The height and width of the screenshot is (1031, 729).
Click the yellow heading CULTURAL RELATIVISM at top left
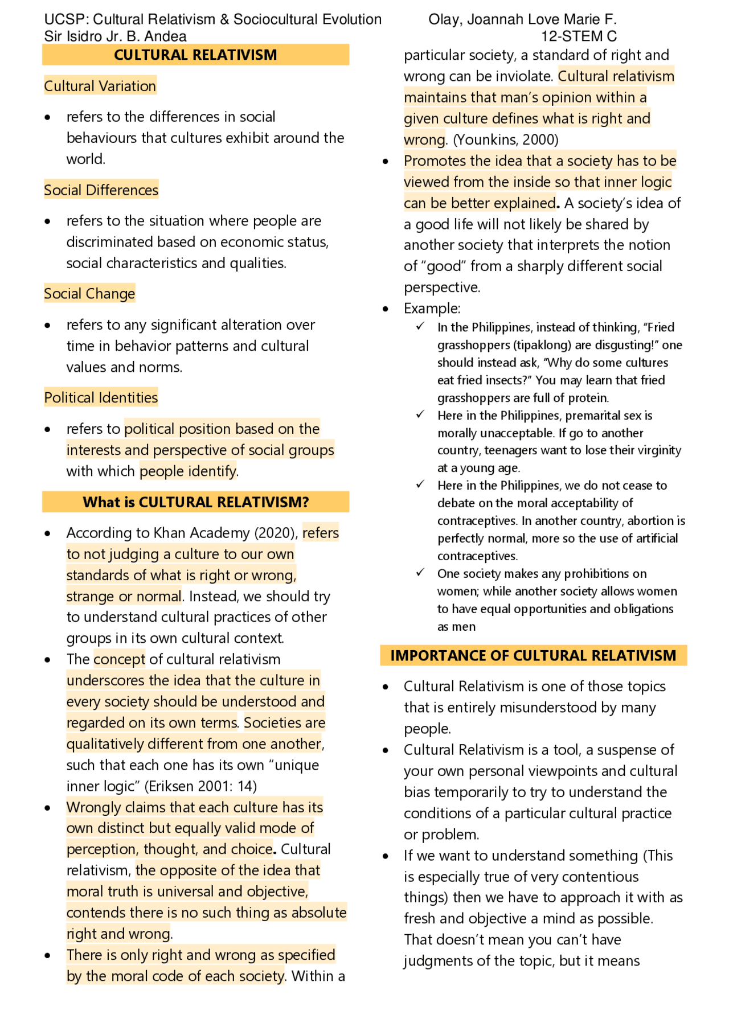pyautogui.click(x=195, y=55)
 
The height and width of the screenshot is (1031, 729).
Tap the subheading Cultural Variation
pyautogui.click(x=100, y=86)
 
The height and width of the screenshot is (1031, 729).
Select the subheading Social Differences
pyautogui.click(x=101, y=190)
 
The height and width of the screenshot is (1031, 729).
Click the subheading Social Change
pyautogui.click(x=89, y=294)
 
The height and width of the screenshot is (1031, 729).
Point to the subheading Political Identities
pyautogui.click(x=101, y=397)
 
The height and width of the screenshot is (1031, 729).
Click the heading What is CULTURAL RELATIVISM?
pyautogui.click(x=195, y=502)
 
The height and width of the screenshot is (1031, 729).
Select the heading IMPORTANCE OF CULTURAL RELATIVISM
pyautogui.click(x=533, y=655)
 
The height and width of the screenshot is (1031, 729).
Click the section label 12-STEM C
pyautogui.click(x=579, y=36)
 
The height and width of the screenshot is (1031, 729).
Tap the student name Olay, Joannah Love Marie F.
pyautogui.click(x=522, y=19)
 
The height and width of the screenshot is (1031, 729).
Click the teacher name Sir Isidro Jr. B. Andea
pyautogui.click(x=115, y=36)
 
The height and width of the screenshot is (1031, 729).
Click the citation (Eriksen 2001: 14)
pyautogui.click(x=200, y=786)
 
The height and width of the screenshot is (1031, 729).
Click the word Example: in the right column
pyautogui.click(x=432, y=309)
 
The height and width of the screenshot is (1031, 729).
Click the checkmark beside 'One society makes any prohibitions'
pyautogui.click(x=420, y=573)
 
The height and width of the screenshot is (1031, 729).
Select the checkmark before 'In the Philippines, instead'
pyautogui.click(x=420, y=327)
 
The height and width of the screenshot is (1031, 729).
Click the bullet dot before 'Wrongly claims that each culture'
pyautogui.click(x=48, y=808)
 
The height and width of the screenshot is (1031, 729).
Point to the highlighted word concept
pyautogui.click(x=120, y=659)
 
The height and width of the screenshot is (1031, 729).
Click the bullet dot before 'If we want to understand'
pyautogui.click(x=386, y=856)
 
